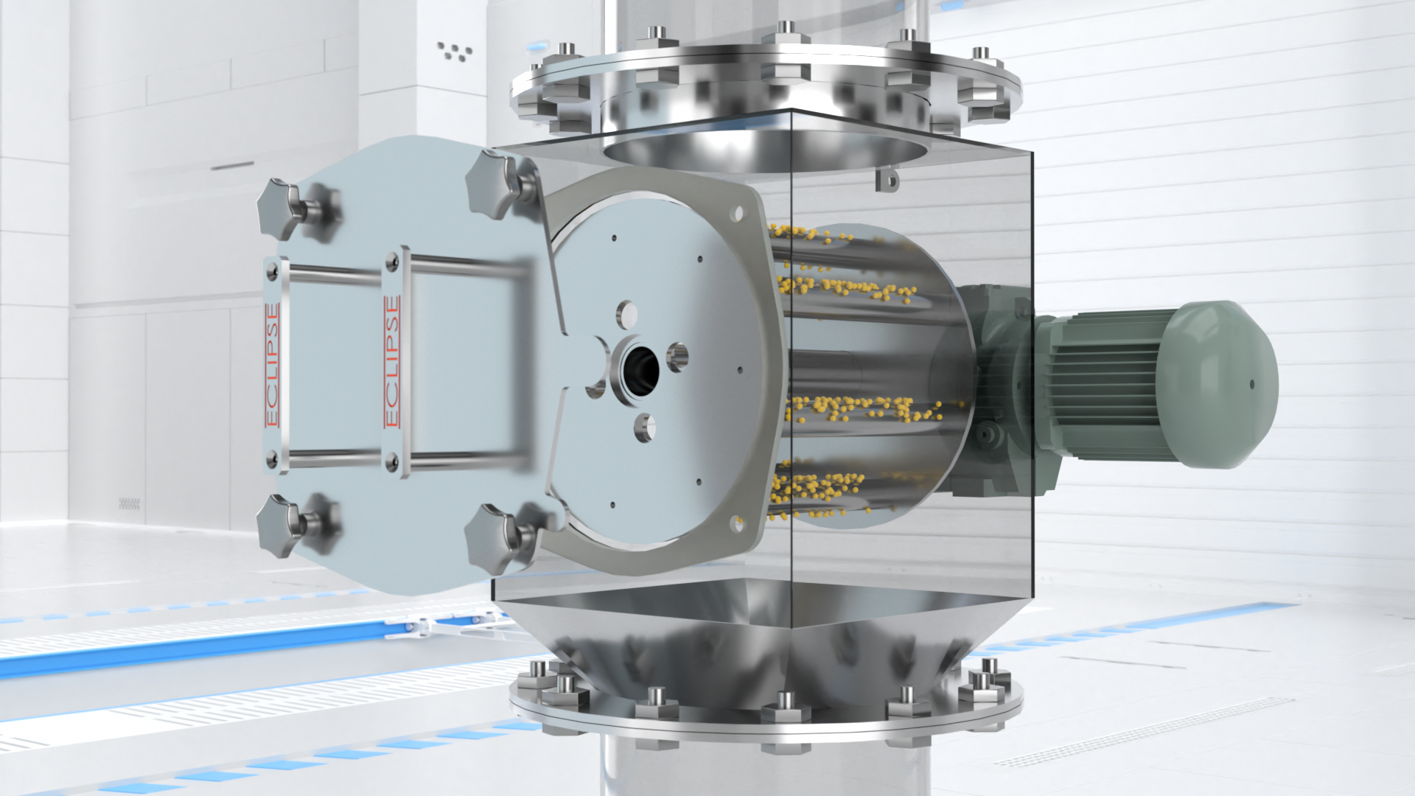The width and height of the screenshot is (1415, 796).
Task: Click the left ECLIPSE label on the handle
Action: point(273,366)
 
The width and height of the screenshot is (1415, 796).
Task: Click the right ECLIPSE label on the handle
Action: point(392,362)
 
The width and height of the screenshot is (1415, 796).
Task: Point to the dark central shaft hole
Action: point(640,366)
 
